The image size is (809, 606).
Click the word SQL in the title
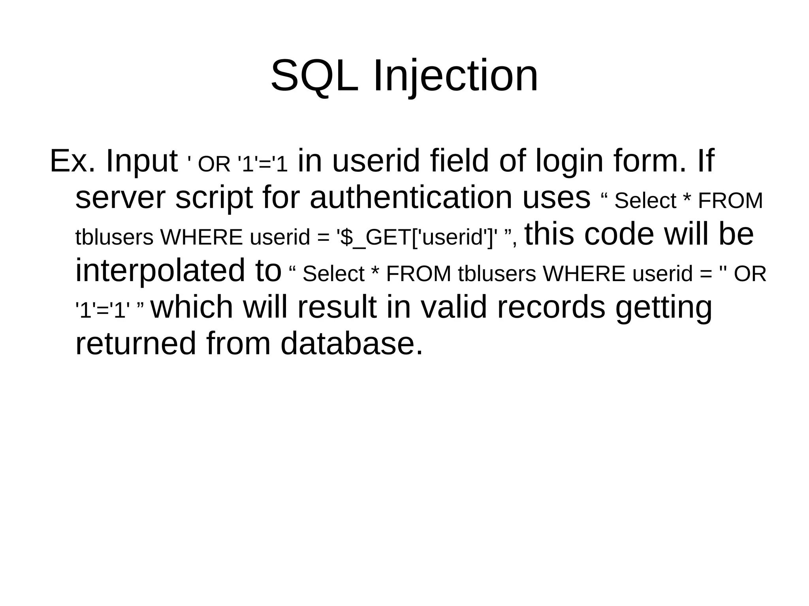[x=314, y=76]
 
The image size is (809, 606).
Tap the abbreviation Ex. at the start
[x=72, y=161]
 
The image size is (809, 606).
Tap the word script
[x=214, y=198]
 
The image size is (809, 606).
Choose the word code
[x=619, y=234]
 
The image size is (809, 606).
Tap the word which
[x=192, y=307]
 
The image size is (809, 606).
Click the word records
[x=551, y=307]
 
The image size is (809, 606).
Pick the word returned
[x=135, y=343]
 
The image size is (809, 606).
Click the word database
[x=351, y=343]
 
